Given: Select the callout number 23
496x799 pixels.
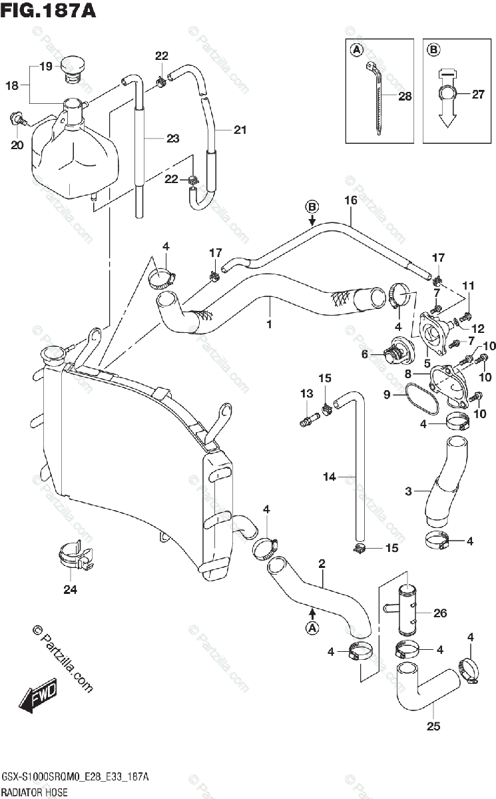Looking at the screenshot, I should [x=172, y=138].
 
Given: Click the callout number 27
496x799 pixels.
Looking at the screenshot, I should [x=478, y=94].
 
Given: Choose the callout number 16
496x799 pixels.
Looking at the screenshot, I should [x=351, y=200].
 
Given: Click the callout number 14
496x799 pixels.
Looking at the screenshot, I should [x=330, y=477].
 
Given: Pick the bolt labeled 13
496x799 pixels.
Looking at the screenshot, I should [x=308, y=419].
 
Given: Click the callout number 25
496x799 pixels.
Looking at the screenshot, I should [x=433, y=726].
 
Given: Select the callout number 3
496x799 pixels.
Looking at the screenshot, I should [x=408, y=492].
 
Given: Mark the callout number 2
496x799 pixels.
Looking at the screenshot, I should [x=322, y=564].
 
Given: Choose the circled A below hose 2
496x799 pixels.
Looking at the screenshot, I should [x=311, y=627].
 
